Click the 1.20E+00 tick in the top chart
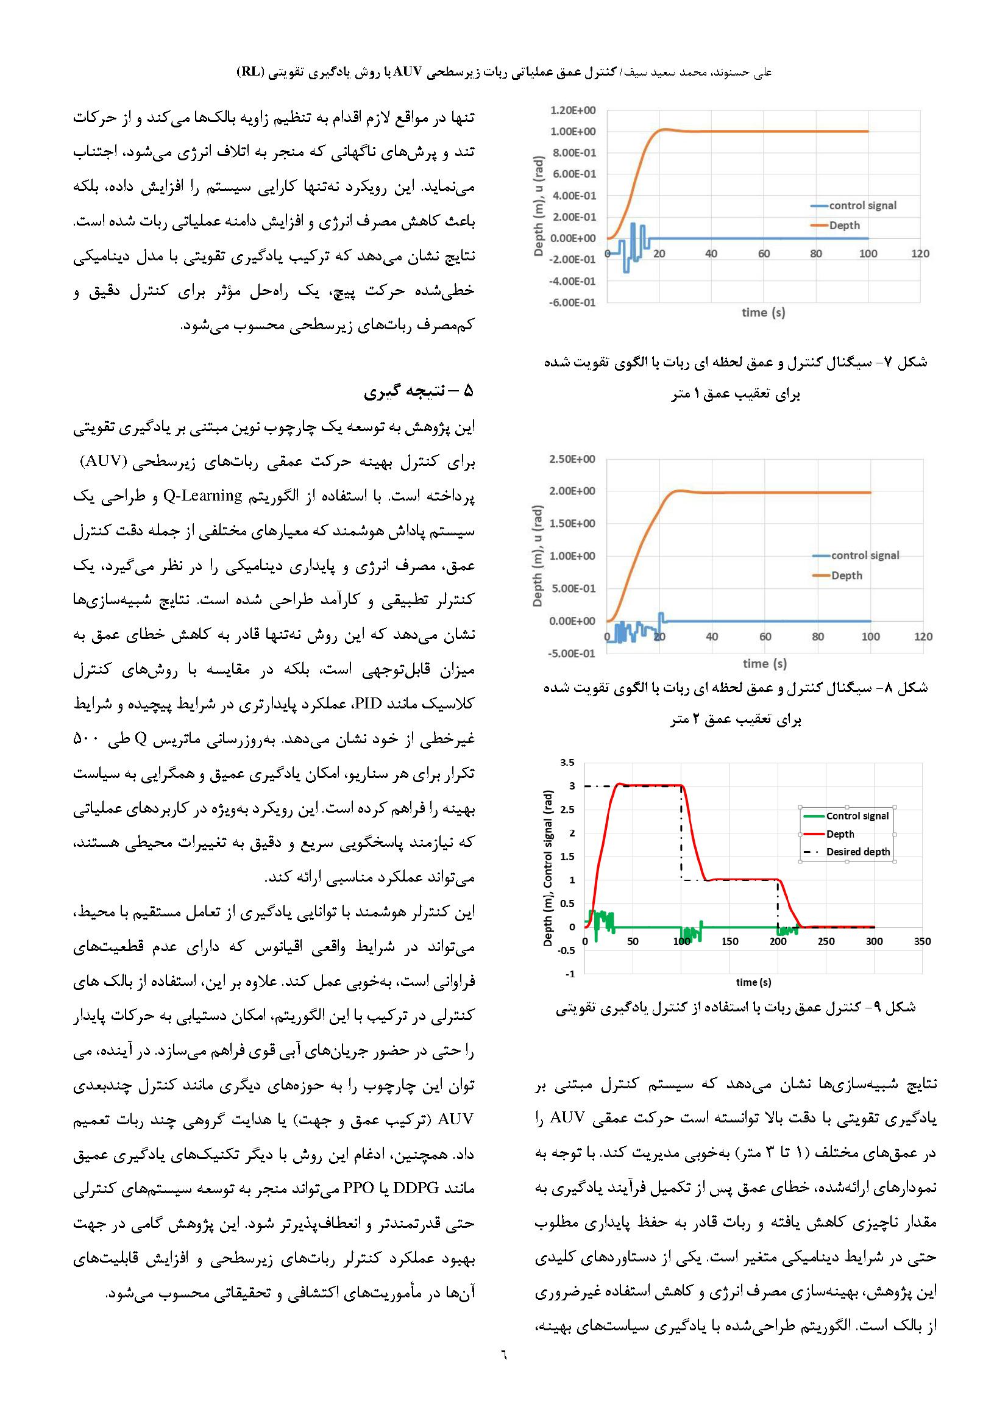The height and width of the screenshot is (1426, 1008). coord(572,110)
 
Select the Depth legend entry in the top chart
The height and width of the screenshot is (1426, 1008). coord(844,226)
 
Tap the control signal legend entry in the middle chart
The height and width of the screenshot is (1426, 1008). coord(865,555)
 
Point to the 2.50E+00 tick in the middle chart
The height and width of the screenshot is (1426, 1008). coord(572,459)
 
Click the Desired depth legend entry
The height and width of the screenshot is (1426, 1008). coord(858,852)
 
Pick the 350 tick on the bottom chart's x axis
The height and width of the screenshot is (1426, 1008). coord(922,941)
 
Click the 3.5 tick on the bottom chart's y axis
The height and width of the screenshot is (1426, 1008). coord(567,763)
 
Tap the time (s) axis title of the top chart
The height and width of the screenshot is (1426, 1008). coord(763,312)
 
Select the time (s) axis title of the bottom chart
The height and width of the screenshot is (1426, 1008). coord(753,982)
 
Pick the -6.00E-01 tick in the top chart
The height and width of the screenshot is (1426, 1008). coord(572,302)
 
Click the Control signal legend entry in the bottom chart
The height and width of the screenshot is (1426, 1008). coord(857,816)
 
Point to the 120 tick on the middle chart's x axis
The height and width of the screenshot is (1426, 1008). coord(923,636)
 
